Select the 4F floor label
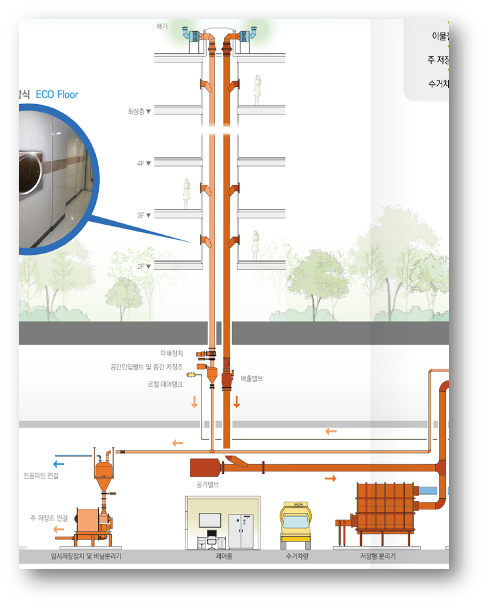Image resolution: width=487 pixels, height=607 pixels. click(x=143, y=163)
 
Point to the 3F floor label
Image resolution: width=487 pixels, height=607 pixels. click(x=143, y=215)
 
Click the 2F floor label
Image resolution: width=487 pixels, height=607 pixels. click(x=143, y=266)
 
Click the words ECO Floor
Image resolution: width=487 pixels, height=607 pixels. click(x=57, y=94)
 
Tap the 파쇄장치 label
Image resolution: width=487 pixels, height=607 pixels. click(x=172, y=353)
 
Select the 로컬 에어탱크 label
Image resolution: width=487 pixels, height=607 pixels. click(x=165, y=384)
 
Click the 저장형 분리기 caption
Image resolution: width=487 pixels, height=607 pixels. click(x=377, y=556)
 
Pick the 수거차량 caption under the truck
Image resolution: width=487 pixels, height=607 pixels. click(x=297, y=556)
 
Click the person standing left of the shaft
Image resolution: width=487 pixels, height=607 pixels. click(x=186, y=194)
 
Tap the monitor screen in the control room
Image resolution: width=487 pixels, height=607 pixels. click(x=210, y=521)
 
